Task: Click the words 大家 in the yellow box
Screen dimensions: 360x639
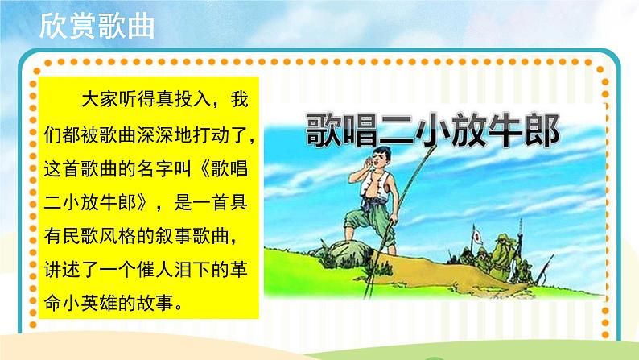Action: coord(99,100)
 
